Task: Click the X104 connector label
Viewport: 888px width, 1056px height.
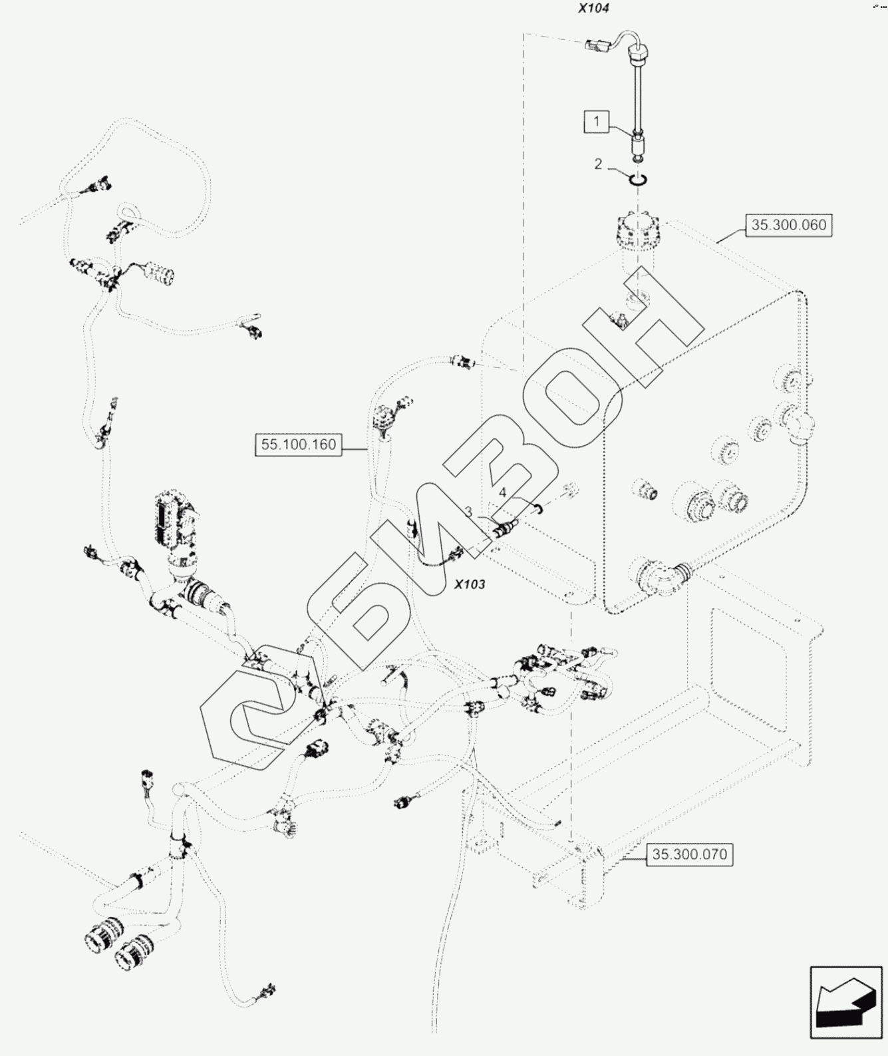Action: (x=593, y=9)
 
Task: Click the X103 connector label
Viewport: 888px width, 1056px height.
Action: (x=470, y=584)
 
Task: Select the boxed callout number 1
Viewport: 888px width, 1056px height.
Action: (x=597, y=121)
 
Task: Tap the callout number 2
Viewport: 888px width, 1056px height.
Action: (x=598, y=164)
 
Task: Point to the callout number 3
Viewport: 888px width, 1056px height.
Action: (x=468, y=512)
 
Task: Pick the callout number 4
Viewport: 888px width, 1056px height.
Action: (x=503, y=492)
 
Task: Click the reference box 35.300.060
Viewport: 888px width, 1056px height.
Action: (x=788, y=225)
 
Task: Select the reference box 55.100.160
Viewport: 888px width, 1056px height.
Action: (x=298, y=444)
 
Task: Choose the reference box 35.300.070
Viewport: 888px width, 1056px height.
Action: (x=689, y=854)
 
